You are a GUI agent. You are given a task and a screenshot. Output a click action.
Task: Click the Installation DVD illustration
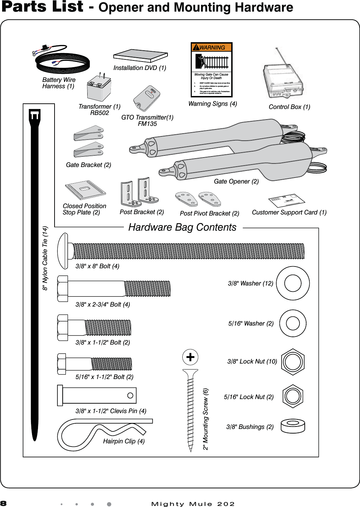[x=140, y=56]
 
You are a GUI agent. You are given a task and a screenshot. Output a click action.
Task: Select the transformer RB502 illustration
[x=99, y=89]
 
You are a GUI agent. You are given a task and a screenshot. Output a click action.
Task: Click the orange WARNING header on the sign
[x=211, y=47]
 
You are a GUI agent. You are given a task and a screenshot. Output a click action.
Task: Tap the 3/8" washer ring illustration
[x=293, y=283]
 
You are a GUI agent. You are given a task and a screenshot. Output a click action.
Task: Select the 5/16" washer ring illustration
[x=293, y=323]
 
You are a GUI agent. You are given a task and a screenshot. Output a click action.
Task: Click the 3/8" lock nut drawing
[x=293, y=362]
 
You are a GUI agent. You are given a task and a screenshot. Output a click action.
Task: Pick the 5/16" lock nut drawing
[x=293, y=396]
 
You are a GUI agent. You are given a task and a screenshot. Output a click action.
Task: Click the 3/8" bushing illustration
[x=293, y=426]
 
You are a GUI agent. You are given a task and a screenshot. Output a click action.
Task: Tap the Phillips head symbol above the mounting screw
[x=190, y=357]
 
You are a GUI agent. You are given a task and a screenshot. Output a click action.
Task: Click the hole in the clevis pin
[x=130, y=396]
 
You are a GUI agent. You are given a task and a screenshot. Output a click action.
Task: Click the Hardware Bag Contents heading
[x=182, y=227]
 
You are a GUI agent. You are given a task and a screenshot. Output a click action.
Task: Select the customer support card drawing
[x=286, y=200]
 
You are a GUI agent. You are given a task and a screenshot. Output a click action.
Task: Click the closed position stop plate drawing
[x=85, y=190]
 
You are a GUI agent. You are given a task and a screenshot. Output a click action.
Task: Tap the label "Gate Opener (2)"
[x=236, y=181]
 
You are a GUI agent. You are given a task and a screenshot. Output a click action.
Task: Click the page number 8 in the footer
[x=4, y=503]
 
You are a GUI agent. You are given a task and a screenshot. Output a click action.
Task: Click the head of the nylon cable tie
[x=34, y=116]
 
